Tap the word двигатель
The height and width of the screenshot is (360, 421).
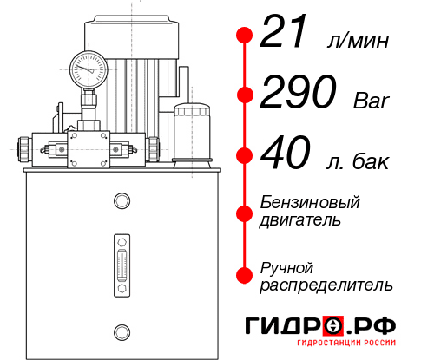(300, 220)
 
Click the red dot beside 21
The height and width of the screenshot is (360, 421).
(245, 36)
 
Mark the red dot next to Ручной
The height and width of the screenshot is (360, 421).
(245, 274)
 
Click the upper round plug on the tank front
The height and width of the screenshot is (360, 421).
(121, 201)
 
